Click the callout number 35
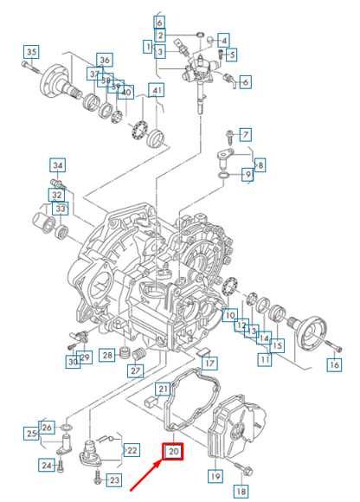31,52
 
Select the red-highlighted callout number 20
173,451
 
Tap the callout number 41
157,90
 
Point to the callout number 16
333,365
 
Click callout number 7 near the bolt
245,134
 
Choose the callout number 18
241,491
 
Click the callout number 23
114,479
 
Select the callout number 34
57,165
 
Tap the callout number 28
106,355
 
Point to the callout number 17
210,364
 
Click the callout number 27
136,371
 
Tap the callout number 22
132,450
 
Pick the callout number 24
47,466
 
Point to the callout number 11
260,357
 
